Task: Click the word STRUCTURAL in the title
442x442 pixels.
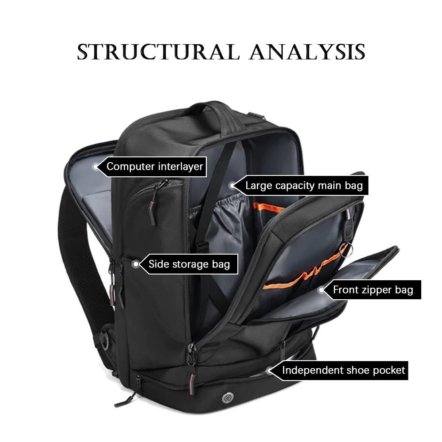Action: tap(158, 52)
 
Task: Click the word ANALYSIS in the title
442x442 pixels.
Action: tap(307, 52)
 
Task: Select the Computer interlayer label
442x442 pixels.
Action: tap(155, 167)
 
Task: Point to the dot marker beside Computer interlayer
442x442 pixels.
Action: tap(96, 167)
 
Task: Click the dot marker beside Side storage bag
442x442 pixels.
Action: tap(136, 264)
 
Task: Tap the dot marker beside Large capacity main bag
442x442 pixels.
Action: tap(232, 186)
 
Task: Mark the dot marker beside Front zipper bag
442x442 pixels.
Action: tap(321, 290)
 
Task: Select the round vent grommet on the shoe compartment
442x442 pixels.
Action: tap(228, 398)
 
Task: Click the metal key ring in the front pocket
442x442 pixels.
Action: tap(346, 250)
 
